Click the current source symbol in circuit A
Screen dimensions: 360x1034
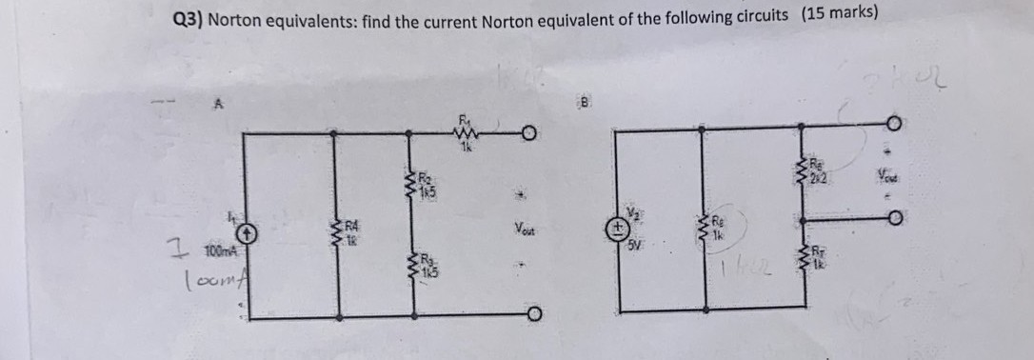[x=247, y=231]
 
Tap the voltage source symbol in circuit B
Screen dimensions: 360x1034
[x=619, y=229]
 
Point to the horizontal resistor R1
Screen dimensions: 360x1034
[x=467, y=136]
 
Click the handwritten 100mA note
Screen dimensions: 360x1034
[x=213, y=278]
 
